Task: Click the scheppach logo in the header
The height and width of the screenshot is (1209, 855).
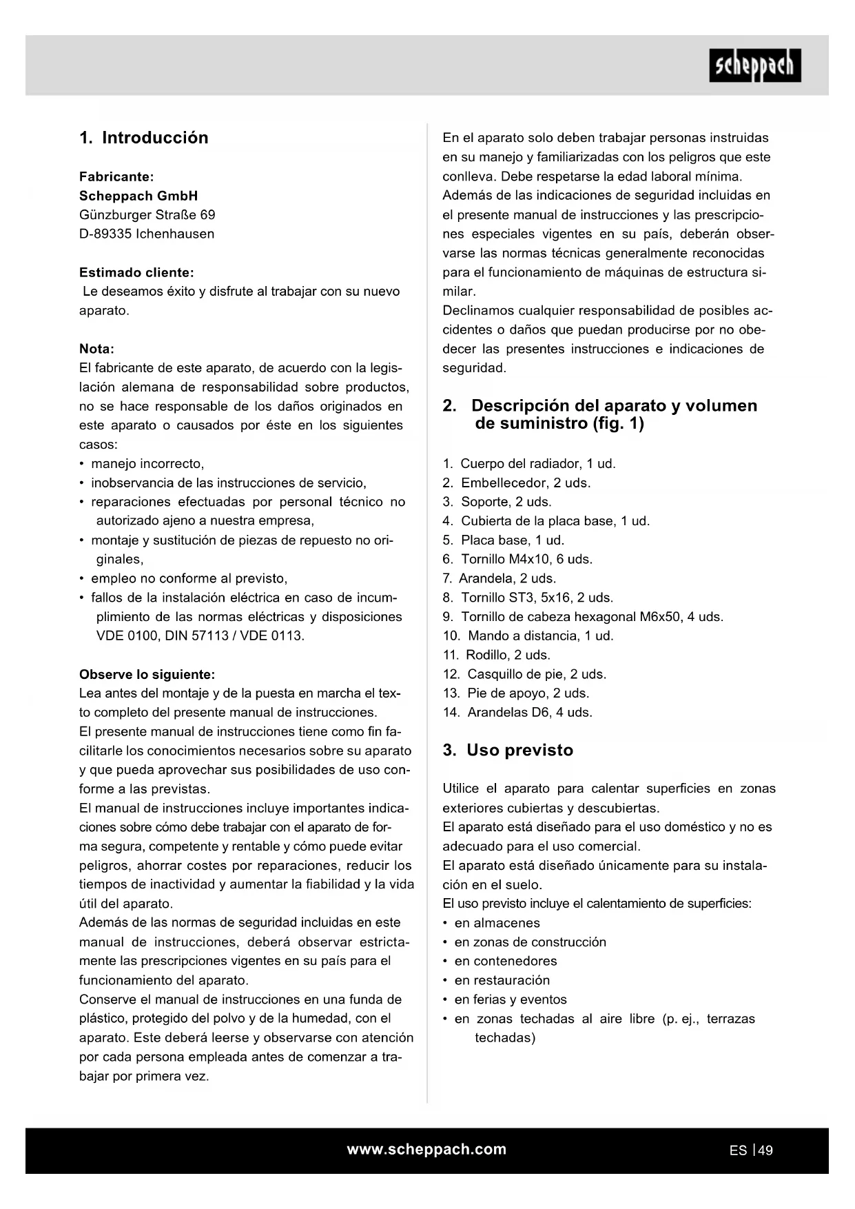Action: coord(754,65)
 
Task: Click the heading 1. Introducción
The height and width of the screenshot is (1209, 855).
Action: coord(143,138)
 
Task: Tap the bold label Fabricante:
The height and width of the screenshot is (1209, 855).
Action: coord(116,177)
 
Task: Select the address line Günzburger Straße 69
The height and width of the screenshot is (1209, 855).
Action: coord(147,215)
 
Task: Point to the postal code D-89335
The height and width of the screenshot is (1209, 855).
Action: coord(105,234)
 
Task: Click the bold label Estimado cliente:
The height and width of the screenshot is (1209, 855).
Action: coord(136,273)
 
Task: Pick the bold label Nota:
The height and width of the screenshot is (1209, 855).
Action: coord(96,349)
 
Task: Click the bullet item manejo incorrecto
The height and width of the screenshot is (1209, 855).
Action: coord(147,464)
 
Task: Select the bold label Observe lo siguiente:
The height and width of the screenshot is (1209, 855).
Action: coord(147,675)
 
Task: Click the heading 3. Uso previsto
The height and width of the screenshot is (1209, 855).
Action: coord(508,751)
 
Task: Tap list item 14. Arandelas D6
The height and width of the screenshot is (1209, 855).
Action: coord(517,713)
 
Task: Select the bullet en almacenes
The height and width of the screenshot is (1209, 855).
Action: coord(497,924)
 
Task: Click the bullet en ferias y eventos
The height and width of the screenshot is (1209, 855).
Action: coord(510,1000)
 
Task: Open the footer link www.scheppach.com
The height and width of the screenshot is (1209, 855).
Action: coord(426,1150)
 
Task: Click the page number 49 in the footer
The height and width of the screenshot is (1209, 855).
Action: coord(765,1150)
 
